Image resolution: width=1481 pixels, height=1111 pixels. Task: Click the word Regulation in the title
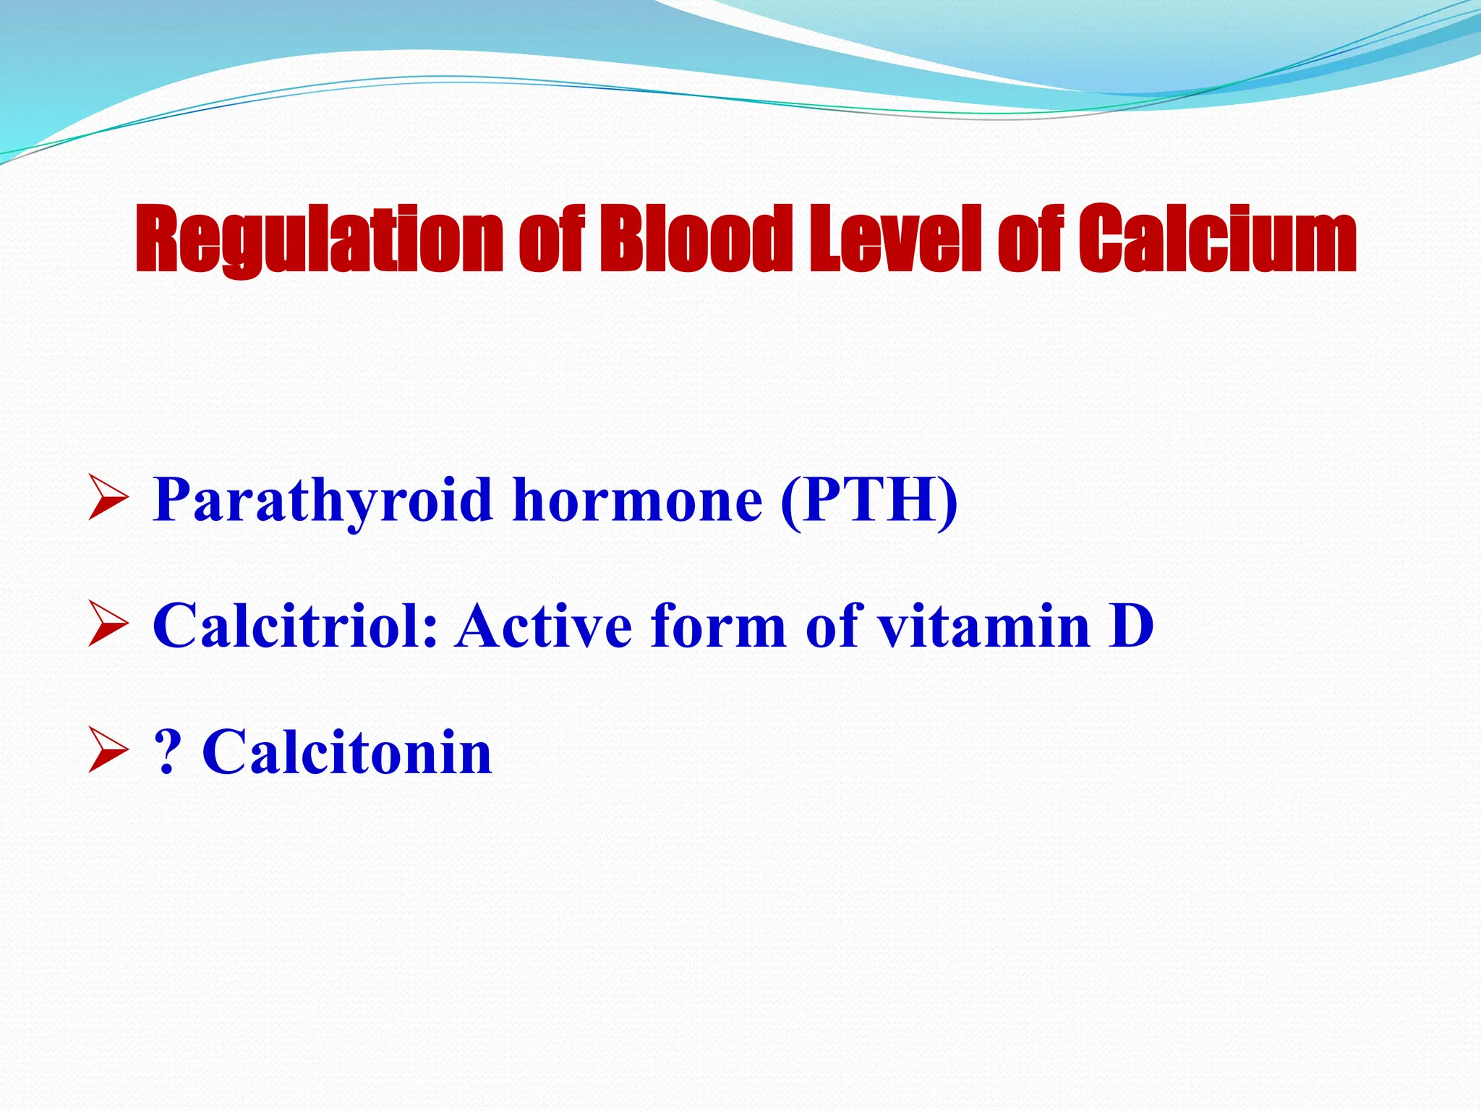(x=318, y=239)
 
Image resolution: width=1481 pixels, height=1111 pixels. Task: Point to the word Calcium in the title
(x=1216, y=239)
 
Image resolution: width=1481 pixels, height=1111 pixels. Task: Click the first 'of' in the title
(x=550, y=239)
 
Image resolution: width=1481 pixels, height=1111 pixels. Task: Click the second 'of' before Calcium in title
(x=1030, y=239)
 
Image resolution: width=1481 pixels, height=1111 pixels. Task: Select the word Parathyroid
(x=323, y=501)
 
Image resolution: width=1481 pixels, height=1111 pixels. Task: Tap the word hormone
(x=637, y=501)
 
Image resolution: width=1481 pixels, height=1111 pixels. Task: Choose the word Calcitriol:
(x=295, y=626)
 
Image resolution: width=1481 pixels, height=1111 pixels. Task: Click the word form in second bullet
(x=717, y=626)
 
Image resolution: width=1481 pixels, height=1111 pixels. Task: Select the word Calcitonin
(x=347, y=753)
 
